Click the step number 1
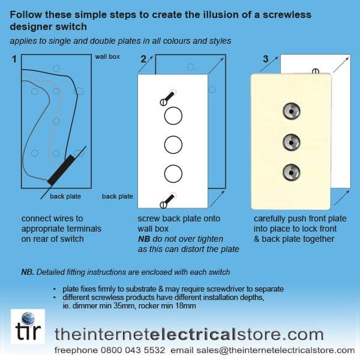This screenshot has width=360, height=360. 14,59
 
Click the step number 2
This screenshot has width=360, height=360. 143,59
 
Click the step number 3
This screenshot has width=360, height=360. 266,59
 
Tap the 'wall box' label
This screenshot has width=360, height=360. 107,57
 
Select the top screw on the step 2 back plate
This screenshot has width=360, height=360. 168,98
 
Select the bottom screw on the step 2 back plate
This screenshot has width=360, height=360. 168,200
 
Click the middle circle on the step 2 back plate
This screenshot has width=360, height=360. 173,145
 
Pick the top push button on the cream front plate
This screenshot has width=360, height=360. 292,111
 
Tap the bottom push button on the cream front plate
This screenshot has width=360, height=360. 292,172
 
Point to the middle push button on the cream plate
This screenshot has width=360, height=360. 292,142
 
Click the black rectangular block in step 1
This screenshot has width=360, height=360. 61,170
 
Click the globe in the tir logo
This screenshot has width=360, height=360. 28,319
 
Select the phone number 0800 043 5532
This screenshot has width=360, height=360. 133,350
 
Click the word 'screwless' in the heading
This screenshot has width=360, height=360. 287,14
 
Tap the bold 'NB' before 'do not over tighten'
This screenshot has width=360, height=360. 144,239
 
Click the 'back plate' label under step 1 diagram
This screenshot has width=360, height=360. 65,196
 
